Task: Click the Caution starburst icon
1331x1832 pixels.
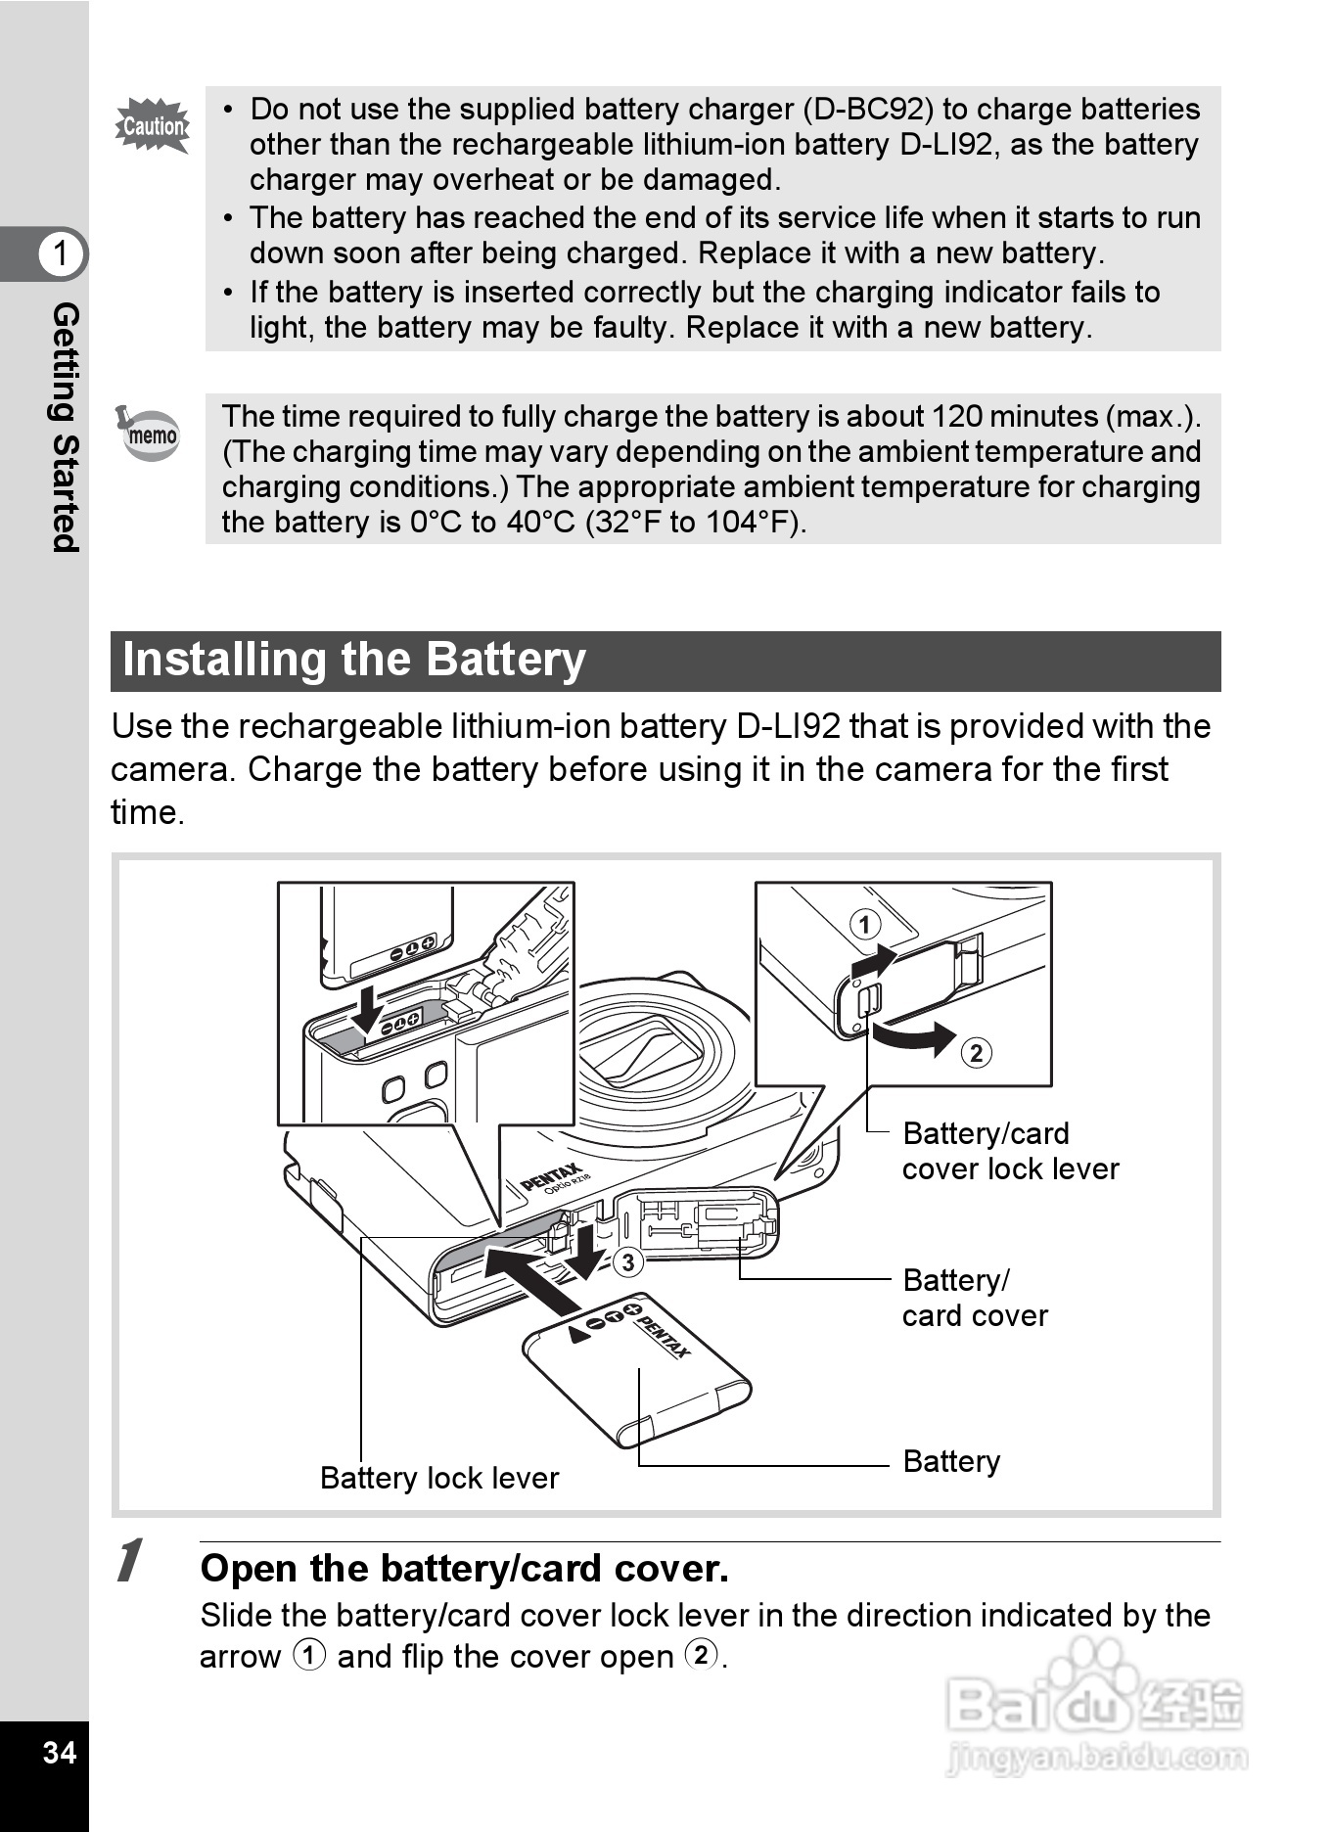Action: click(152, 125)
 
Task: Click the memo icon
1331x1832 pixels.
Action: click(150, 433)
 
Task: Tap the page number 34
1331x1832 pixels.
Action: click(60, 1751)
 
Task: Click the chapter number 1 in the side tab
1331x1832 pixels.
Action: click(61, 252)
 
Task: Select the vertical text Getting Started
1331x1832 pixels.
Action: click(65, 427)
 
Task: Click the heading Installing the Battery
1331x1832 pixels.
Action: click(354, 660)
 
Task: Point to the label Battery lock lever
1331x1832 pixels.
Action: click(439, 1477)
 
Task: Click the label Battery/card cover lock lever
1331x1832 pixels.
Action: click(1009, 1151)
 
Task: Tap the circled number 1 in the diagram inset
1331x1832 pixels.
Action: click(864, 924)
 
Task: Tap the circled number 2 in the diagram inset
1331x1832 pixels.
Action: click(976, 1053)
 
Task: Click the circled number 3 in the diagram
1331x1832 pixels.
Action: click(628, 1261)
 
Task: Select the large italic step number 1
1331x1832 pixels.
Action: click(129, 1560)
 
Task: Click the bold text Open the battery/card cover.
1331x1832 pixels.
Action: click(464, 1568)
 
